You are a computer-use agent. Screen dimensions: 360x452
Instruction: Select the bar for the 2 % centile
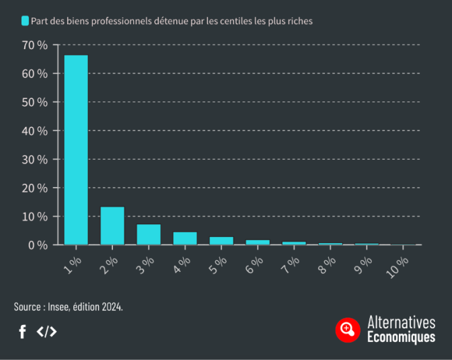(112, 226)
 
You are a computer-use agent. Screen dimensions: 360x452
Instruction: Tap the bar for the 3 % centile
(149, 234)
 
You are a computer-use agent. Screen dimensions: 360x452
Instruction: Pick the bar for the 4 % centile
(185, 238)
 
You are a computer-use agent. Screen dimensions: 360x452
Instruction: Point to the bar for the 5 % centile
(221, 241)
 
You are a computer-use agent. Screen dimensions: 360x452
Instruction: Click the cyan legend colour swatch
(25, 21)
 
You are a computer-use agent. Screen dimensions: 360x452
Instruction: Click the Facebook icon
(22, 331)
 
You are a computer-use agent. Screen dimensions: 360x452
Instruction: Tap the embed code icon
(46, 331)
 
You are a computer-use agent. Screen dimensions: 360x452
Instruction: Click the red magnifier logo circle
(348, 329)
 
